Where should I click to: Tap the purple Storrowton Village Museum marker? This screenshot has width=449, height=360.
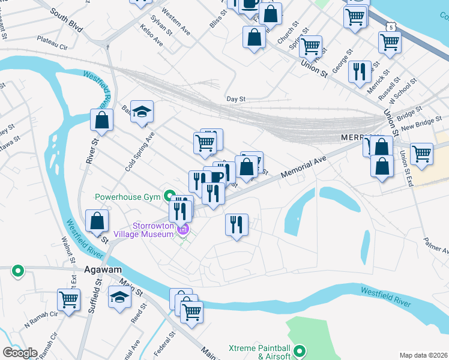click(x=184, y=229)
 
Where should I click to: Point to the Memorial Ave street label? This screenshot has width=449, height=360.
click(x=303, y=164)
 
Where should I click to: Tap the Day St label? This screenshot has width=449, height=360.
click(x=236, y=99)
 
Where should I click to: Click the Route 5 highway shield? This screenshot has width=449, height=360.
click(x=391, y=28)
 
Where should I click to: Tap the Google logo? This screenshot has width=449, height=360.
click(x=20, y=353)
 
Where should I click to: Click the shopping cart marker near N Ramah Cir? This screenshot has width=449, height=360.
click(x=69, y=299)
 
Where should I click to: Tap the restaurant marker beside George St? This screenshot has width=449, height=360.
click(x=360, y=71)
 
